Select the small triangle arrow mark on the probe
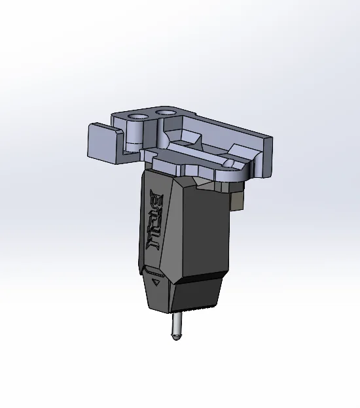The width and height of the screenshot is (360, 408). [156, 282]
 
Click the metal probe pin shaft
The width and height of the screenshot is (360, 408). [175, 323]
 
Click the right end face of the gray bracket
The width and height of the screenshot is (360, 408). [268, 158]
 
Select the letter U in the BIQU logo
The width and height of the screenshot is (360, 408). [156, 246]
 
